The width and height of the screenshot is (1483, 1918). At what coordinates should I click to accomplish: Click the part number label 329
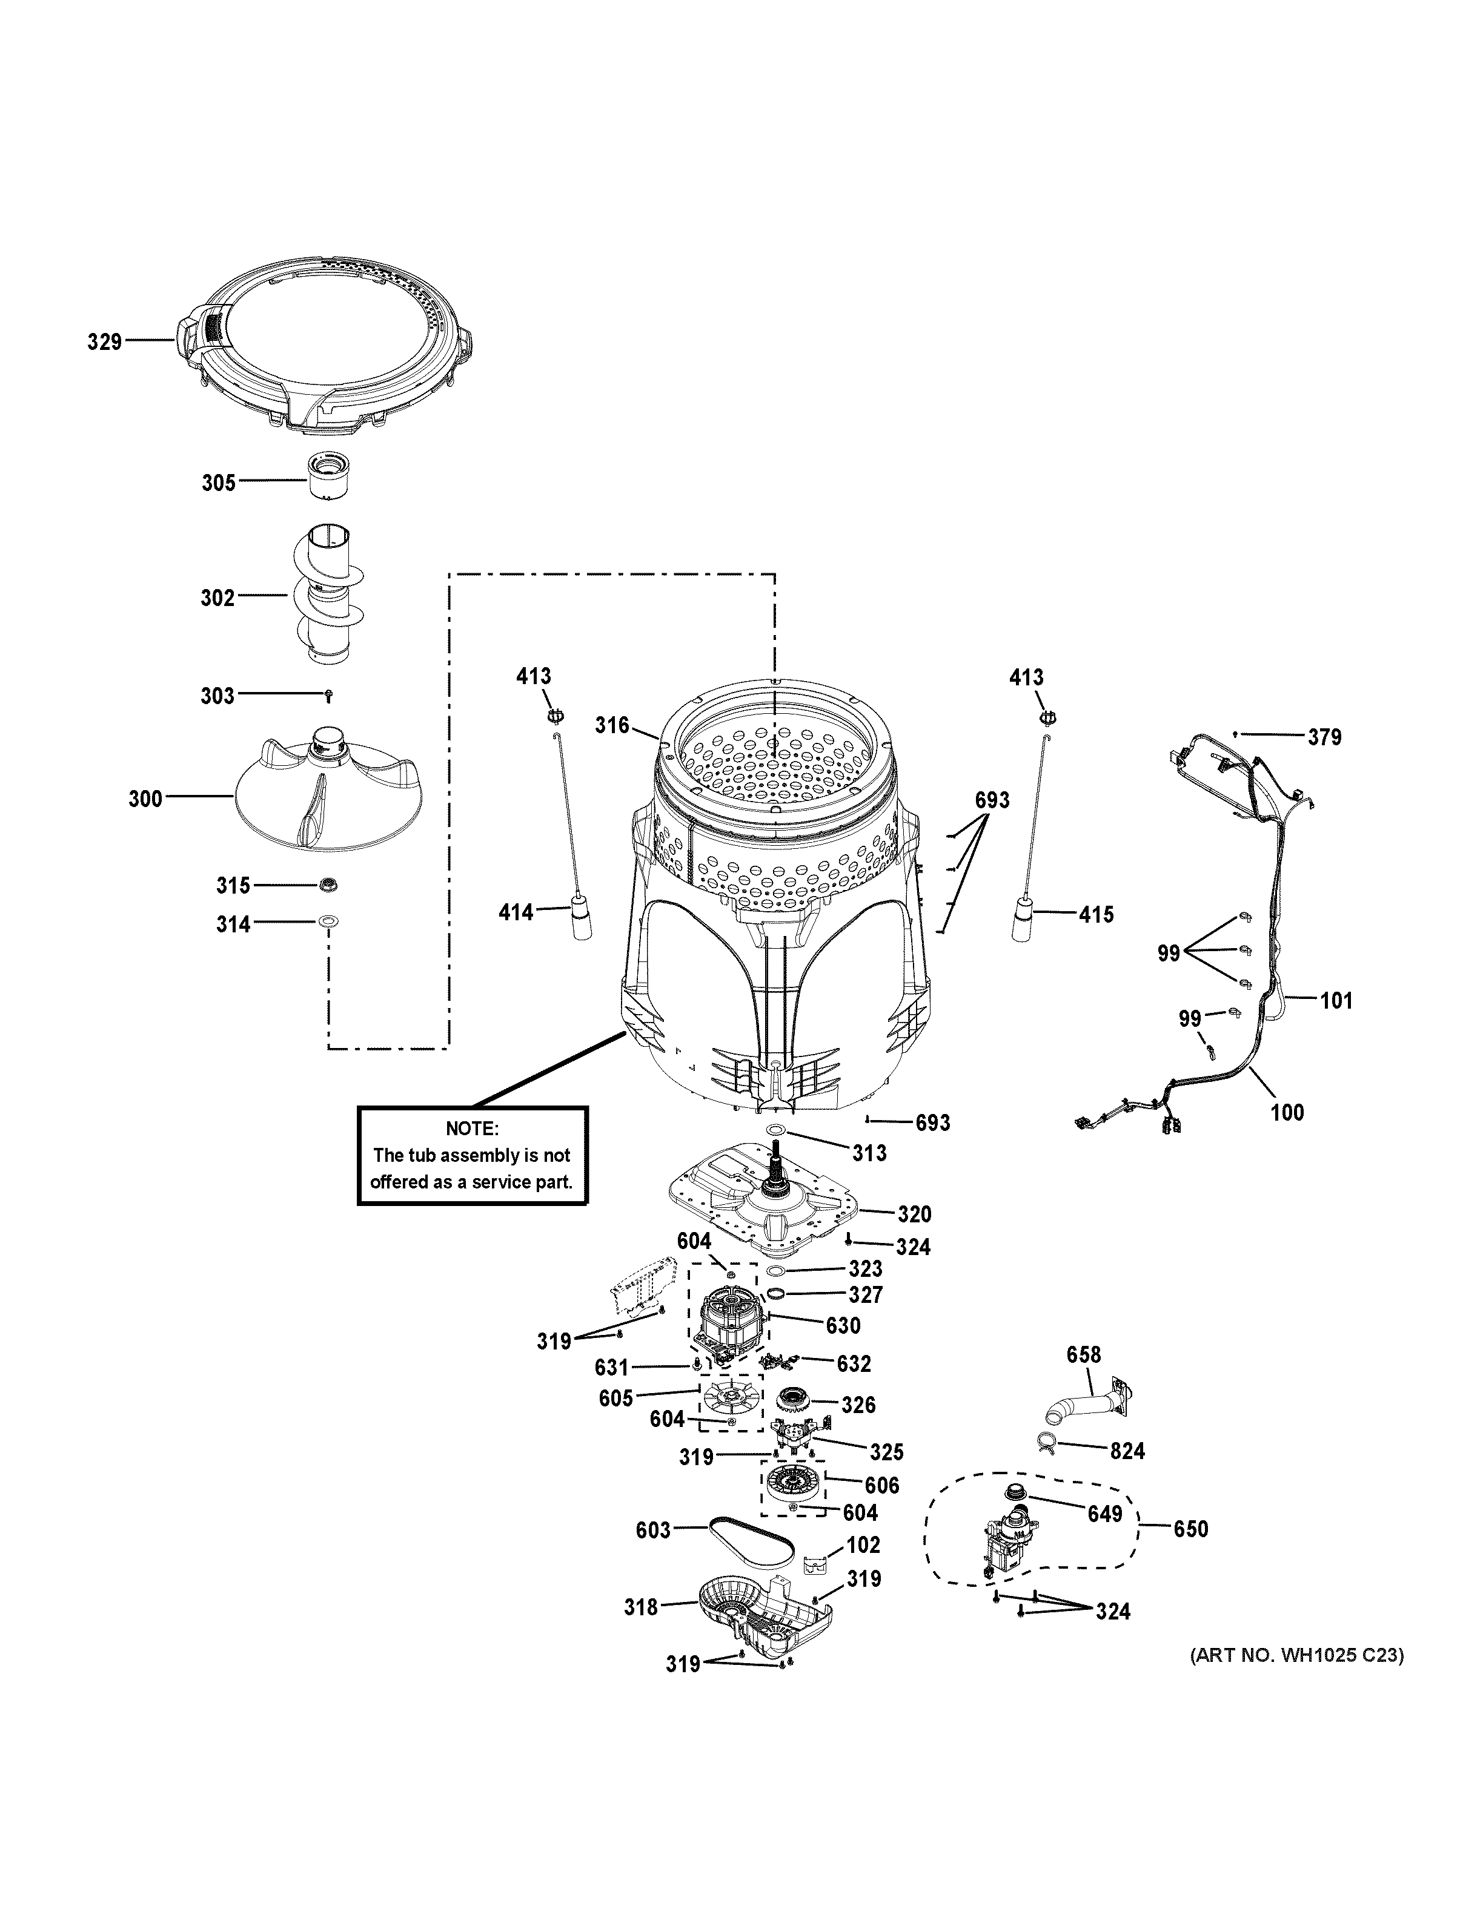[x=104, y=341]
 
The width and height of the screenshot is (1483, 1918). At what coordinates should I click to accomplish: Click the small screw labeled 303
[x=328, y=696]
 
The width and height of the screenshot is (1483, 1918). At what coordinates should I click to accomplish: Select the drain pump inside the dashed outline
[x=1006, y=1541]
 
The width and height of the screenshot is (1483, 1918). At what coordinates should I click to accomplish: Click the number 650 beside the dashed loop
[x=1190, y=1529]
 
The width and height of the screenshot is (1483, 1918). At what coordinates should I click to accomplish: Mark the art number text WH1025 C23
[x=1296, y=1656]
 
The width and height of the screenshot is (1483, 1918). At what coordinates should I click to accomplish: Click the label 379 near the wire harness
[x=1324, y=737]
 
